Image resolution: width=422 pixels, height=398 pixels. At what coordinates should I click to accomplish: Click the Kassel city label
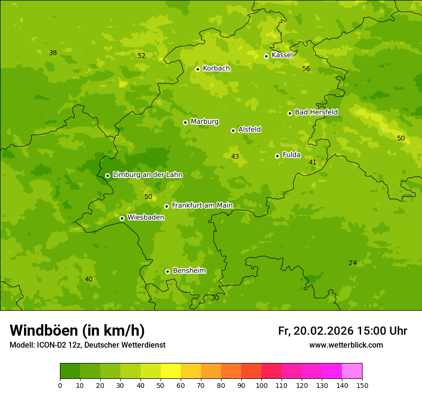point(282,55)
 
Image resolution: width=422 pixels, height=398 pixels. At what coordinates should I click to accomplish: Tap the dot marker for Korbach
point(198,69)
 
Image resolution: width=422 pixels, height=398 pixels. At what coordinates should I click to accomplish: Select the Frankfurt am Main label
point(202,205)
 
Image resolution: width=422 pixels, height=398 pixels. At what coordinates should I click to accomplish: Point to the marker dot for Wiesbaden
point(122,218)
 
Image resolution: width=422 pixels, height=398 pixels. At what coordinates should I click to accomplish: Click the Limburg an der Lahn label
point(147,175)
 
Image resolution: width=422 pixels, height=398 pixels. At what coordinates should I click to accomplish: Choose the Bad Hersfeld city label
point(316,112)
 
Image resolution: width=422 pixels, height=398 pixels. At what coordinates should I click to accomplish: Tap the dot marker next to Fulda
point(277,156)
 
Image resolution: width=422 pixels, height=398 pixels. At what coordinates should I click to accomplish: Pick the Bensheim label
point(189,270)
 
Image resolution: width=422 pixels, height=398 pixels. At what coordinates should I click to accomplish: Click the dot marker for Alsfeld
point(233,130)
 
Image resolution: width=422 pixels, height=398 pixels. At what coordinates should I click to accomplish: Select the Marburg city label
point(204,121)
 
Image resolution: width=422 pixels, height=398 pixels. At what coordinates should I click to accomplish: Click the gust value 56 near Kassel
point(306,69)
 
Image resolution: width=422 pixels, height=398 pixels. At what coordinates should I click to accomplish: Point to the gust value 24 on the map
point(352,263)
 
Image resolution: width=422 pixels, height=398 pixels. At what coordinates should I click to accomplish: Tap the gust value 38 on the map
point(53,53)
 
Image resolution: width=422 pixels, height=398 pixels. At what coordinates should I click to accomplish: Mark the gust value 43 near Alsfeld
point(235,156)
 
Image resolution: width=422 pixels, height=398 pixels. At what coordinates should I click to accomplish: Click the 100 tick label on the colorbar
point(261,385)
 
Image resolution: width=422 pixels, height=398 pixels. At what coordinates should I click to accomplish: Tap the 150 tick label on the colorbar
point(362,385)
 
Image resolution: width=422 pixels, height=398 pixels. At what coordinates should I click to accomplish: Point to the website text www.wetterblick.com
point(346,345)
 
